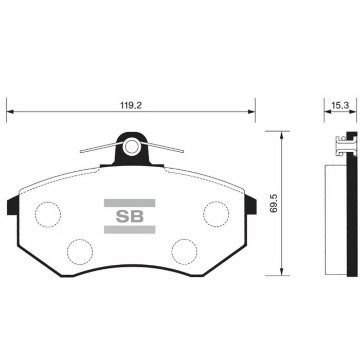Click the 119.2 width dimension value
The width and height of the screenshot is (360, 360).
131,105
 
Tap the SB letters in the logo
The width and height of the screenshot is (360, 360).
130,216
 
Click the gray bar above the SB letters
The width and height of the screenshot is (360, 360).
130,203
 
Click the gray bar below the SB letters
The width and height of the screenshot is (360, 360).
130,229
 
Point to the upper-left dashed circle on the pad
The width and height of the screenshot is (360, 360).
48,212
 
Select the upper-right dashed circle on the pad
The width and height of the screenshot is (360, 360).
215,212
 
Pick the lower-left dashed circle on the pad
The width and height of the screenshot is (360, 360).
80,251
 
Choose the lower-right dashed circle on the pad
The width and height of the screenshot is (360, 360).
184,251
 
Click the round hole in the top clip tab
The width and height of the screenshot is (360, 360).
132,147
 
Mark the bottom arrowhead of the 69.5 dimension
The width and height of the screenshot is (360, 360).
281,272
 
